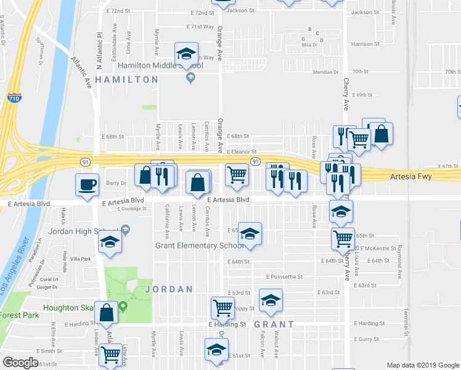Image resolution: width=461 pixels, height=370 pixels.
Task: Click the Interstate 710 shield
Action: pos(14,97)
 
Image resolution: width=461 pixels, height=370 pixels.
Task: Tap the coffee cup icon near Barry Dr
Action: pos(87,184)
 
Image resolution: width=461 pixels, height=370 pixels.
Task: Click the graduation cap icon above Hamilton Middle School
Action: pos(185,54)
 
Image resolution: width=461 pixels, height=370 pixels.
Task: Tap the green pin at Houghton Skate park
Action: pos(123,306)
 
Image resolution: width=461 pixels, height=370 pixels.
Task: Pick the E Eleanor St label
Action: pos(241,152)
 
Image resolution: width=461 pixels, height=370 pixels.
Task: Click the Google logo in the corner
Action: pos(20,363)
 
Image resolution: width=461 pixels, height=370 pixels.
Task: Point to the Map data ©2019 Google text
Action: pos(423,365)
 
